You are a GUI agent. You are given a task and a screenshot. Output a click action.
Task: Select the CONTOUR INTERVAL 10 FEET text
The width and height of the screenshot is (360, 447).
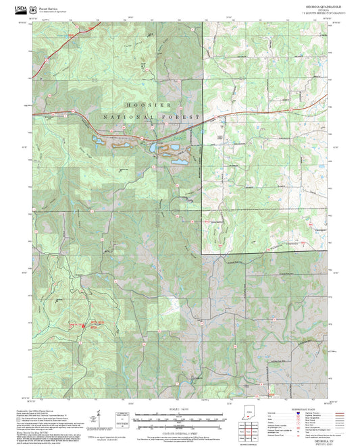179,423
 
